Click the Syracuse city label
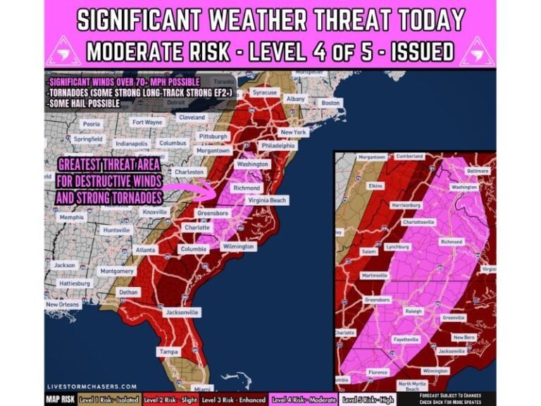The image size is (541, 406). coord(266,93)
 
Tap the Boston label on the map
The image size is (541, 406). coord(330,103)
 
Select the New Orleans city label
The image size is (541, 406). coord(62,304)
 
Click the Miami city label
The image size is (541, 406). coord(203,389)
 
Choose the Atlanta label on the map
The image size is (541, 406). coord(147,250)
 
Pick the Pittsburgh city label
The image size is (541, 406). coord(213,136)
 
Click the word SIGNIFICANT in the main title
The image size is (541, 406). coord(149,19)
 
